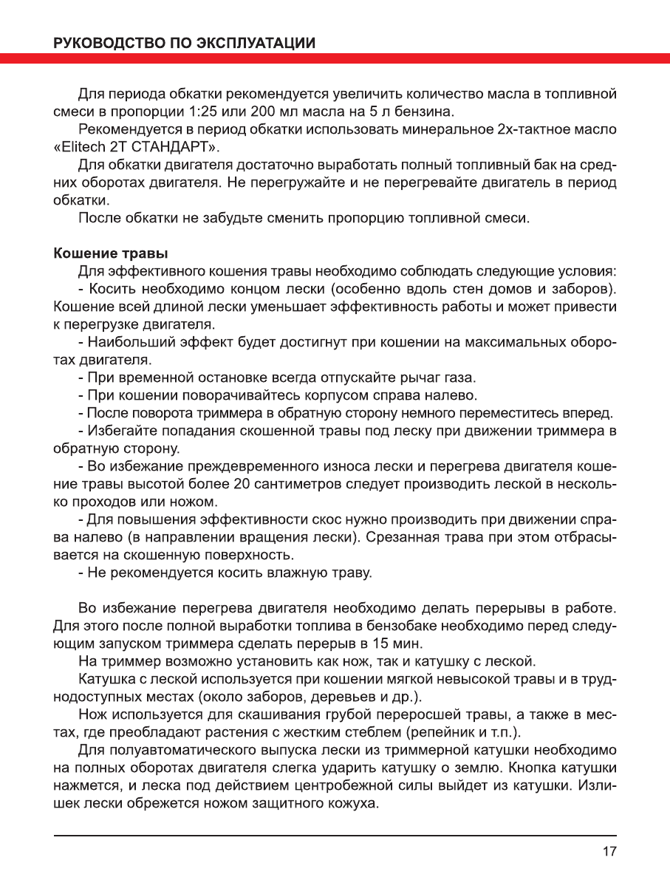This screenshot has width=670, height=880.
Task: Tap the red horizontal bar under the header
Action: click(x=335, y=58)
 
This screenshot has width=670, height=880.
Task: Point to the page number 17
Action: click(x=609, y=851)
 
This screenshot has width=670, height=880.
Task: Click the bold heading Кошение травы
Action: click(x=110, y=254)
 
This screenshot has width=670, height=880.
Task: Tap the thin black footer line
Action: click(x=335, y=836)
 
